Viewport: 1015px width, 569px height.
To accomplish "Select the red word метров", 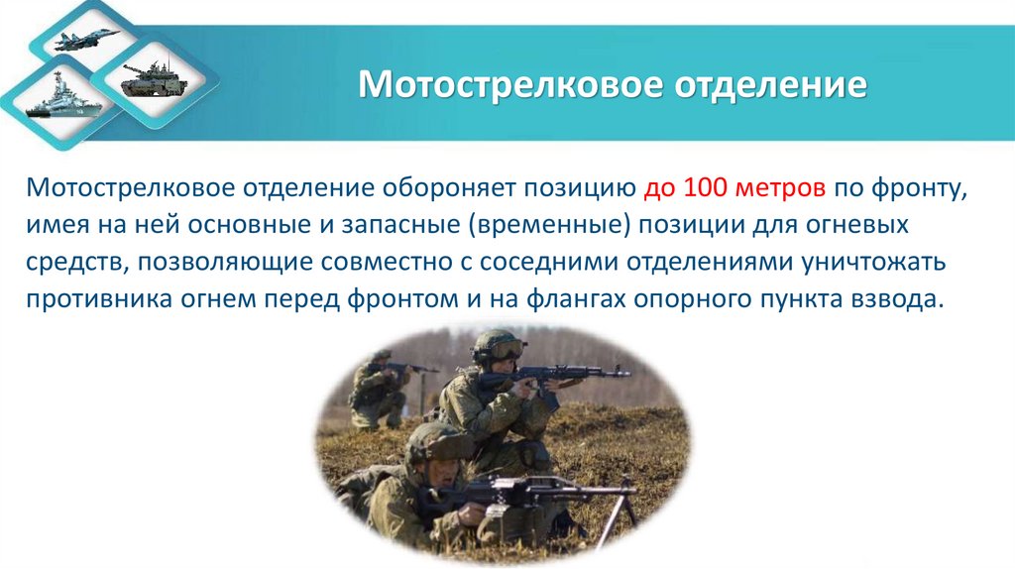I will click(769, 187).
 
